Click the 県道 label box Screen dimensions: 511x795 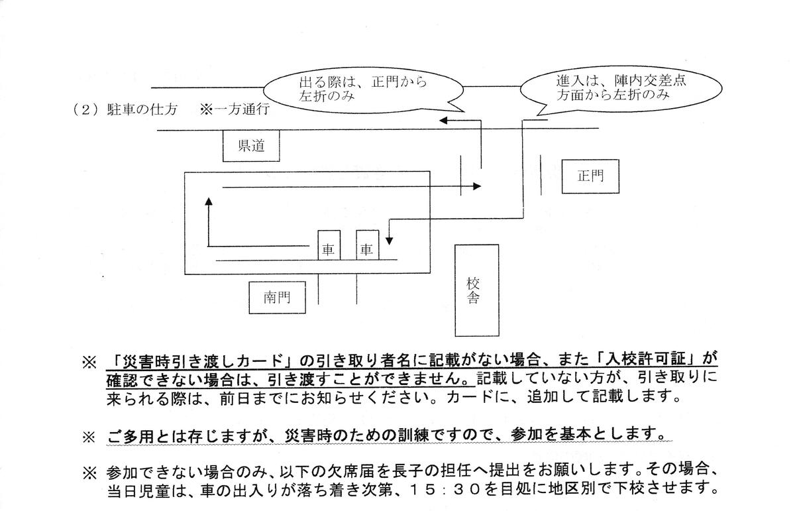[x=250, y=146]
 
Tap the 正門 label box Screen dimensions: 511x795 [x=590, y=176]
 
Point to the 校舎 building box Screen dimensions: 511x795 [x=476, y=290]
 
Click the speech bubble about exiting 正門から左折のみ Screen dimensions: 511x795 [x=363, y=89]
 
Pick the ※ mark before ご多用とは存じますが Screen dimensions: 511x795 [x=89, y=437]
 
